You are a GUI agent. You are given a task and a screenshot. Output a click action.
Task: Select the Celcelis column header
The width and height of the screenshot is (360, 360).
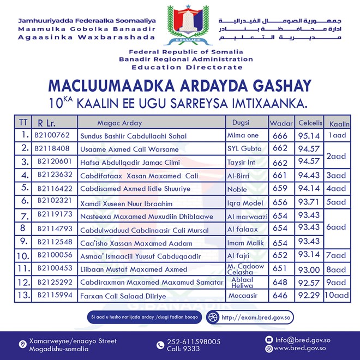(310, 122)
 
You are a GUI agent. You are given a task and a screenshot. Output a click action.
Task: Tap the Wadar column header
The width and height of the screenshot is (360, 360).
(280, 123)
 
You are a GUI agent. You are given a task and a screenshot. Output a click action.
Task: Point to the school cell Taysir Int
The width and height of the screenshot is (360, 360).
(241, 162)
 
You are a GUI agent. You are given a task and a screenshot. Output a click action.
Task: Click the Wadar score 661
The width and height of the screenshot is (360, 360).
(280, 175)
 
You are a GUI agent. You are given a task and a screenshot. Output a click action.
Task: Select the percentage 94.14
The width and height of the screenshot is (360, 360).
(310, 188)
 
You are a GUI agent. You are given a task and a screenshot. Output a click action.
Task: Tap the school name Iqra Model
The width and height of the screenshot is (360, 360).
(244, 202)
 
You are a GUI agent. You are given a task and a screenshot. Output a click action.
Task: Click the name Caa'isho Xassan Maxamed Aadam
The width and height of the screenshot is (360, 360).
(136, 243)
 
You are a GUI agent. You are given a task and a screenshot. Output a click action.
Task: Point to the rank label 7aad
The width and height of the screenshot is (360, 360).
(338, 255)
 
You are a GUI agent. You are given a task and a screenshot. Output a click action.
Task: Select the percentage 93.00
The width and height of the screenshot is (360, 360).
(310, 269)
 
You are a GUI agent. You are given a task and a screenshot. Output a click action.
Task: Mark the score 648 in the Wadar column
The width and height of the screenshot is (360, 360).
(280, 283)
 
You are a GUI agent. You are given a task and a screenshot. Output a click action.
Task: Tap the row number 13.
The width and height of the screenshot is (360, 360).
(22, 296)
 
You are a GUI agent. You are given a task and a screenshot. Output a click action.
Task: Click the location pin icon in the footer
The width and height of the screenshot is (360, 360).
(22, 344)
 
